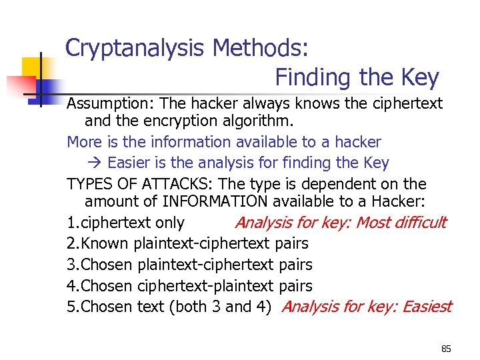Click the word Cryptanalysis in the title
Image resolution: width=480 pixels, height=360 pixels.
pos(135,49)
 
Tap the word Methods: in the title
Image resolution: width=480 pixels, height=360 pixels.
pos(260,49)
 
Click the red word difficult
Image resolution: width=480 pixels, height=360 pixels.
pos(419,223)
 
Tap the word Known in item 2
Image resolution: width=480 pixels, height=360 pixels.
pos(105,244)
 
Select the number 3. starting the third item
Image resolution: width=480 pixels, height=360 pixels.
pos(73,265)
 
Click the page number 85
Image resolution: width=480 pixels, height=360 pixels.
pos(446,349)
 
